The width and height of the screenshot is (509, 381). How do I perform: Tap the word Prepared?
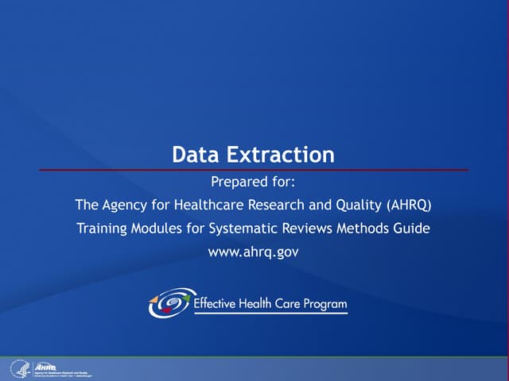point(239,180)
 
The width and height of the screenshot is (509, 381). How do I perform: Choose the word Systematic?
point(243,229)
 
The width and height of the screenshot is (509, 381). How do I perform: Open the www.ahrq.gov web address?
point(254,252)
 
